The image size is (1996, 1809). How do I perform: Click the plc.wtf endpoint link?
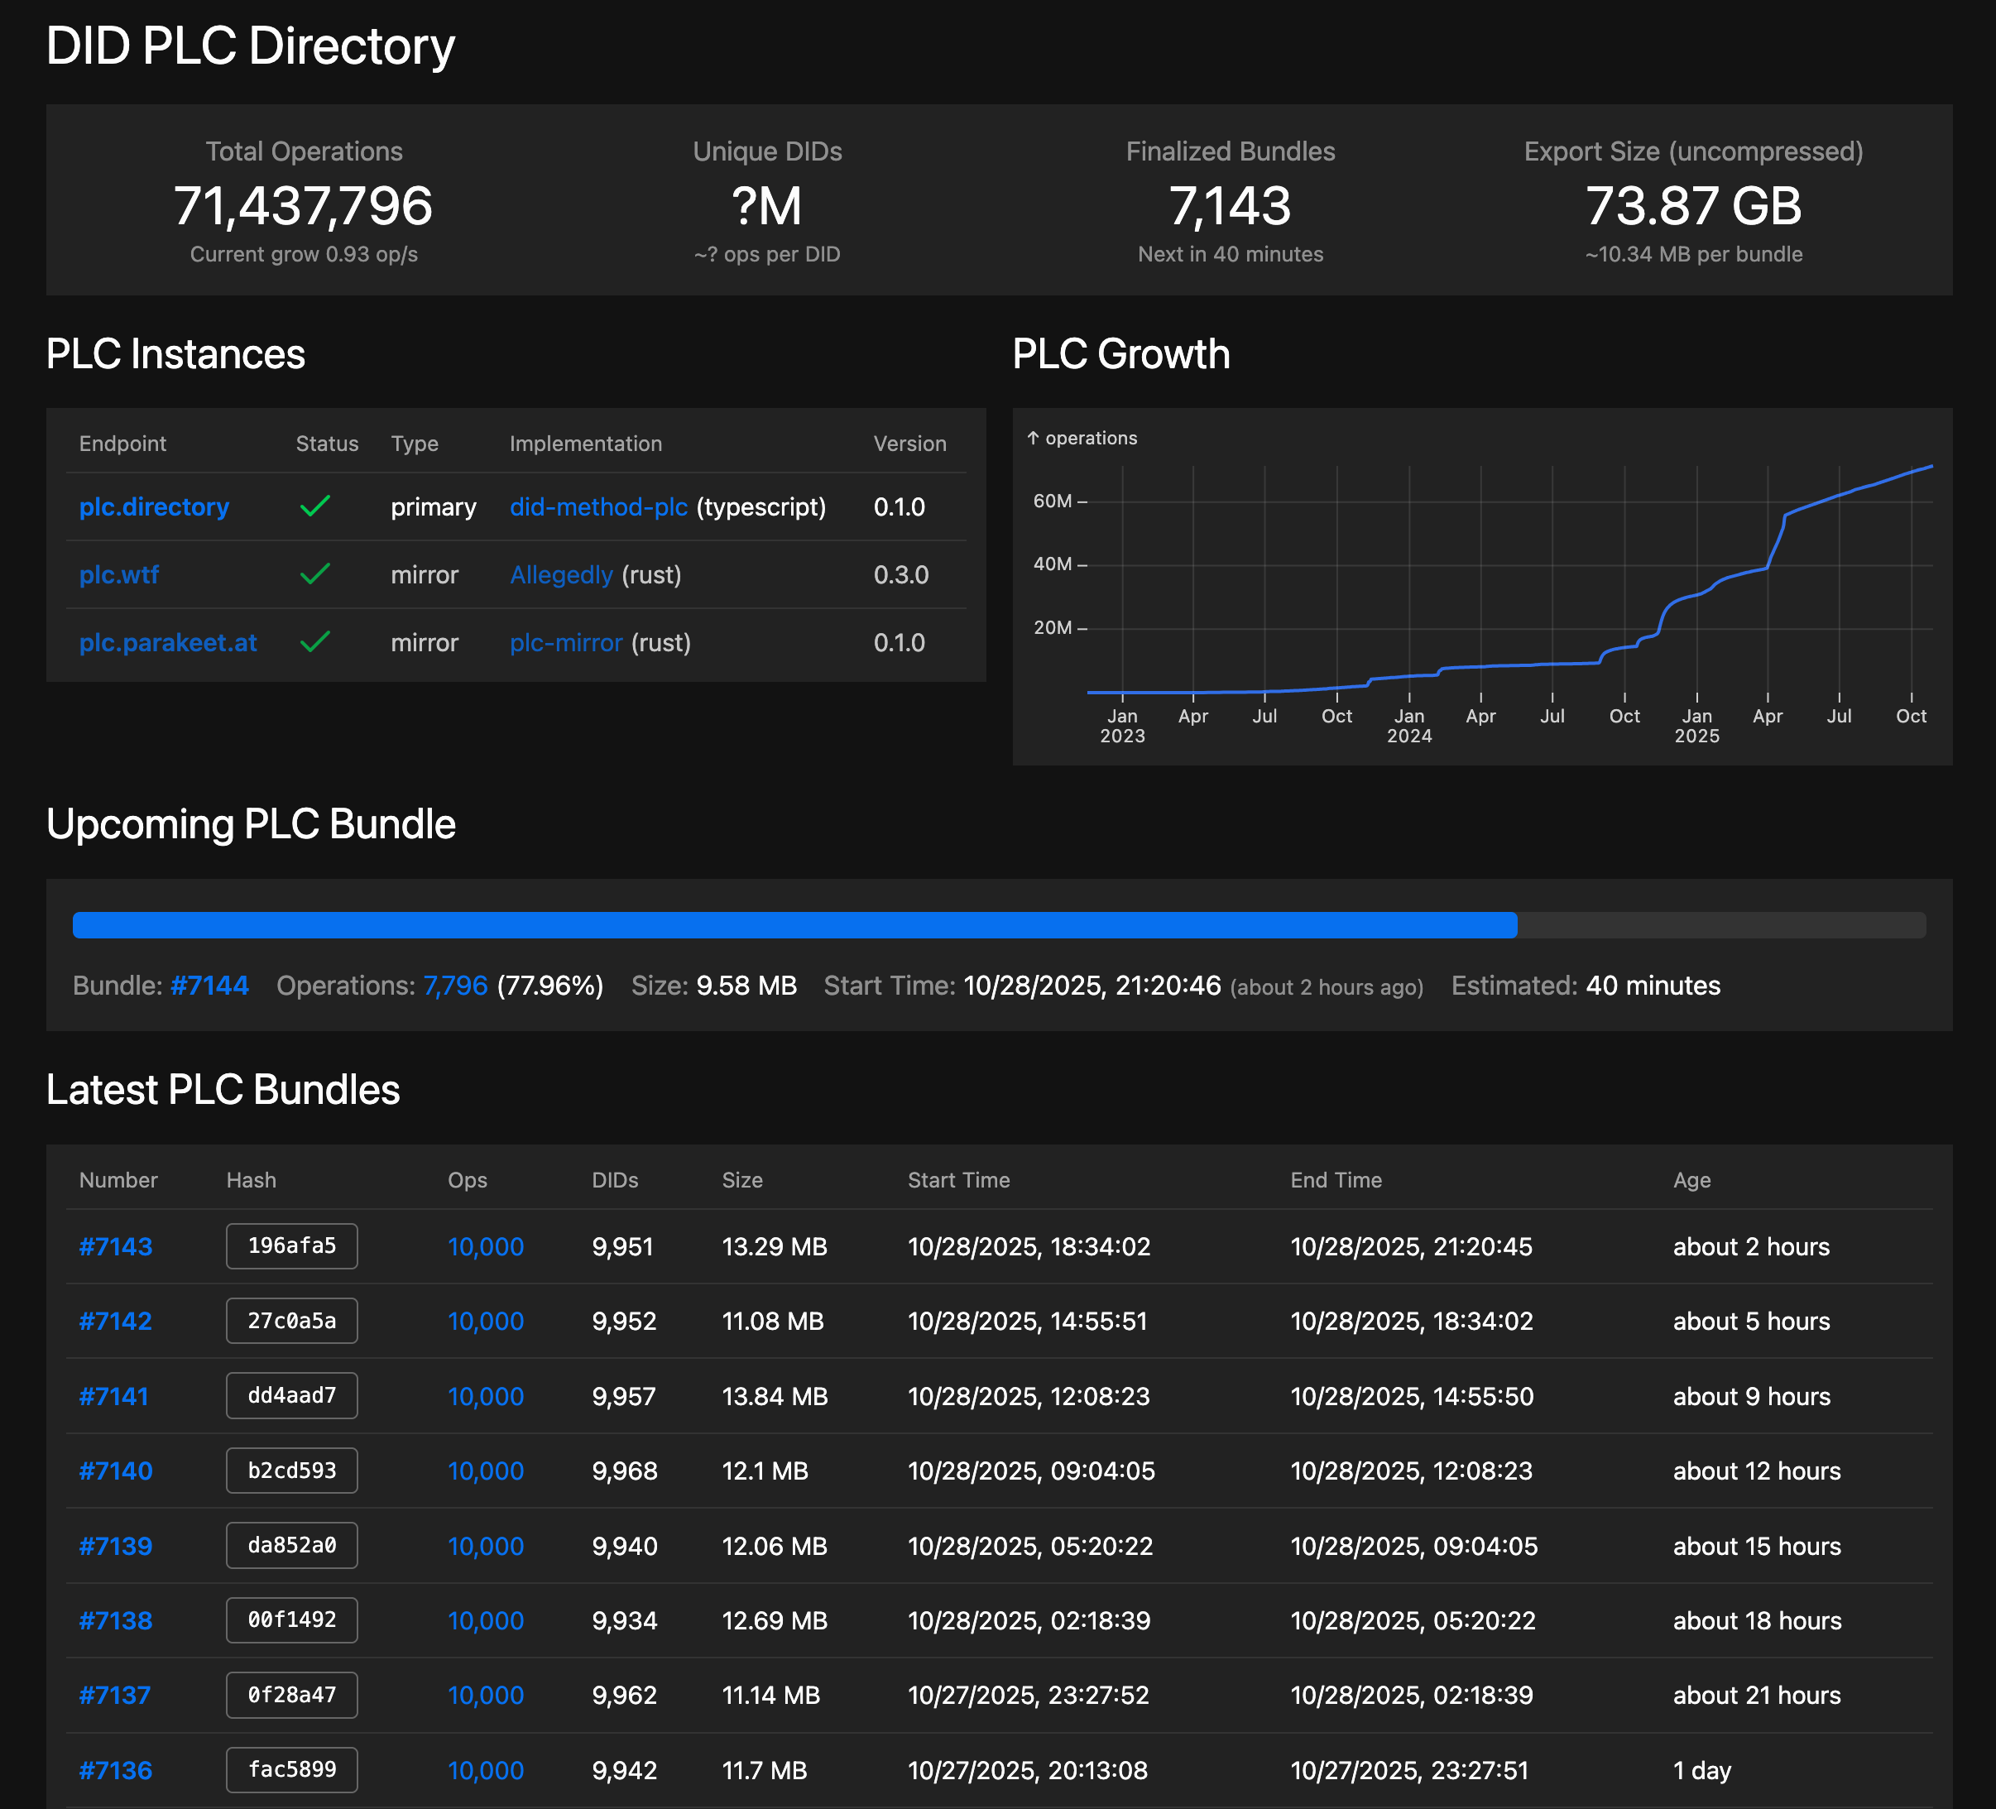click(119, 575)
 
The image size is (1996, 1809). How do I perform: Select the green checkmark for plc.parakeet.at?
click(314, 643)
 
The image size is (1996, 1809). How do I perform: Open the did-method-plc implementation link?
click(598, 507)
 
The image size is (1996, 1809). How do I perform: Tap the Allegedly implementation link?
click(561, 575)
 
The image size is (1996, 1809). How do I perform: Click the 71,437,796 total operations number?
click(303, 206)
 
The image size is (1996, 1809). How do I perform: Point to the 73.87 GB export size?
click(1693, 206)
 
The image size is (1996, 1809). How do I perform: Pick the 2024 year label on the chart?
click(1409, 737)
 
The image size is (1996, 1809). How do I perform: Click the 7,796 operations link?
click(455, 986)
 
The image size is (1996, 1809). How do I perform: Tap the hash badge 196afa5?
click(292, 1246)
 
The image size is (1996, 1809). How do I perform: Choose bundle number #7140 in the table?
click(116, 1471)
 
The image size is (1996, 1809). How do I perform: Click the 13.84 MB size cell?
click(775, 1396)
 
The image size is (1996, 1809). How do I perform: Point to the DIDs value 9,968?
click(625, 1471)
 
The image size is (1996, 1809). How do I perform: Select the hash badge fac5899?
click(292, 1770)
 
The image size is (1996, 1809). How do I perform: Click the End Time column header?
click(1336, 1180)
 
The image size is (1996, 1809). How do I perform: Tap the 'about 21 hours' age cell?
click(1756, 1695)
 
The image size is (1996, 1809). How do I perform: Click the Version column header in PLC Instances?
click(909, 444)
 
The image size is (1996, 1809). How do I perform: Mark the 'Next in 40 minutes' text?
click(1230, 254)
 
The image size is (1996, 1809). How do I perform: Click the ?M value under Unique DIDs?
click(767, 206)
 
